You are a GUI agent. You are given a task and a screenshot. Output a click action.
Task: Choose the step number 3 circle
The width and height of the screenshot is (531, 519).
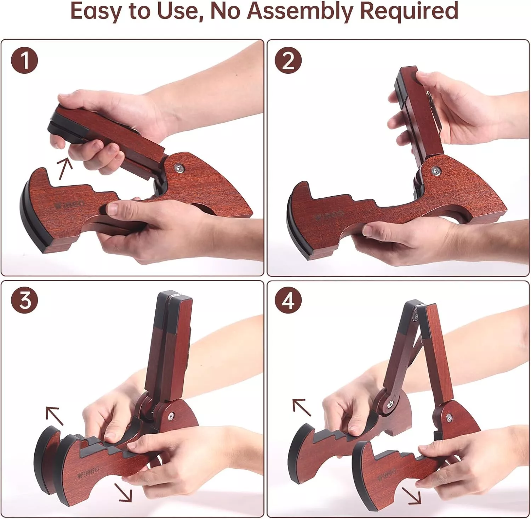[24, 301]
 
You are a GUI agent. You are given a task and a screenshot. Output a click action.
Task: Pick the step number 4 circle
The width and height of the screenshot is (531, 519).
[289, 301]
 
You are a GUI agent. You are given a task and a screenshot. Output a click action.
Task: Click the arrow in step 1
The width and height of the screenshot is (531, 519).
[64, 167]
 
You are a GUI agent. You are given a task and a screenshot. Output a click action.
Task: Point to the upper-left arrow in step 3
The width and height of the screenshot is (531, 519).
[54, 415]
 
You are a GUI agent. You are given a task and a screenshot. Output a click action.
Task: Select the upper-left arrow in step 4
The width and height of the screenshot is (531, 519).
[301, 407]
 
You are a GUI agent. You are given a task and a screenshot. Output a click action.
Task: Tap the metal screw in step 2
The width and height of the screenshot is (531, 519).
[436, 171]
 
